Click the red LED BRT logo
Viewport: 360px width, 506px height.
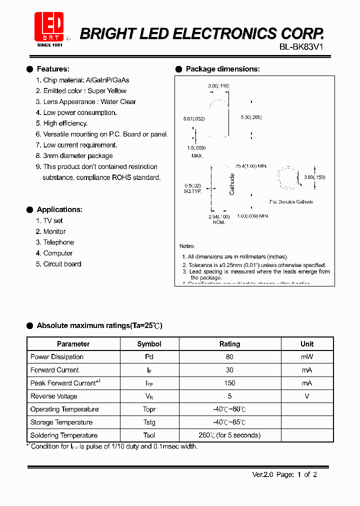(x=48, y=26)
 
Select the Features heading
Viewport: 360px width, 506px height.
(x=53, y=69)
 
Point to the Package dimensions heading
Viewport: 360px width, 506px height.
(x=222, y=69)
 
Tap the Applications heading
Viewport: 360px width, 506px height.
(x=59, y=209)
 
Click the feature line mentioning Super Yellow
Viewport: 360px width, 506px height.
(x=84, y=91)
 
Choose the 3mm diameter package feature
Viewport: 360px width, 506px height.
(x=77, y=156)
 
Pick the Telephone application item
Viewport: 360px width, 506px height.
(x=58, y=242)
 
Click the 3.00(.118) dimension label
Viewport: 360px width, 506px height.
(x=218, y=86)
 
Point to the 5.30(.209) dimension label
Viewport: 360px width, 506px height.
(x=251, y=117)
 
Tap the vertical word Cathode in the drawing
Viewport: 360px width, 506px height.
(x=232, y=184)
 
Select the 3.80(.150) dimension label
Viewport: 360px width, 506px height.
(x=314, y=177)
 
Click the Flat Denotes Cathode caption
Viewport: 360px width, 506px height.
(x=291, y=201)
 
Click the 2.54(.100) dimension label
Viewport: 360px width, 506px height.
(x=219, y=216)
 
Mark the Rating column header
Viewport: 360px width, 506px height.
(x=229, y=344)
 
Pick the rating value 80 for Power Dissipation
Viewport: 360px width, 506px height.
(x=229, y=357)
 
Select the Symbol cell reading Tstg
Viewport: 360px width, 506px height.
(x=149, y=422)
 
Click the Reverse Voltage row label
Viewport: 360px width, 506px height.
(x=54, y=396)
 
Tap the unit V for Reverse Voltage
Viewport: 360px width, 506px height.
(x=307, y=396)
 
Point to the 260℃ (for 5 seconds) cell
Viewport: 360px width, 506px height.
(x=229, y=435)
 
